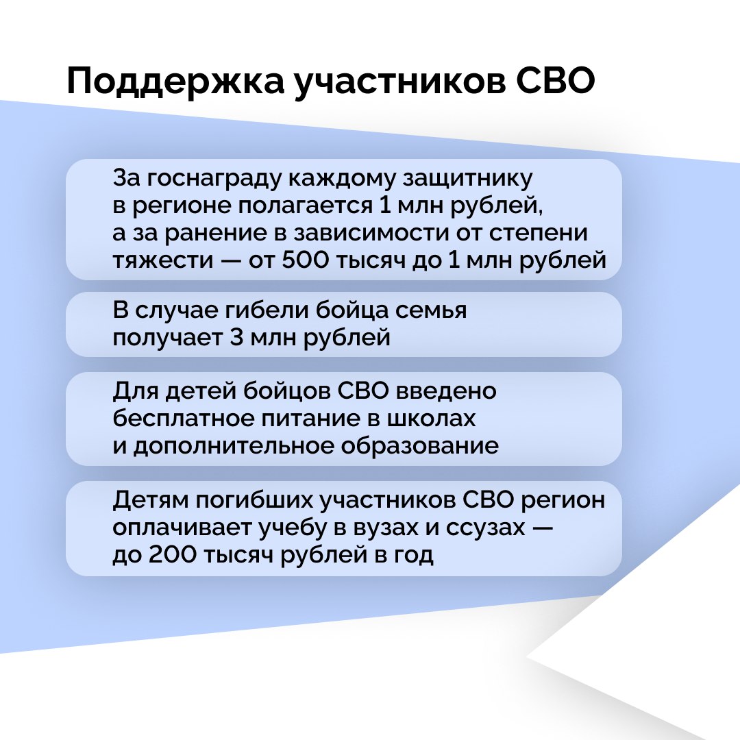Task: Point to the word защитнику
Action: click(467, 179)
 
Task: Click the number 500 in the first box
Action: click(305, 260)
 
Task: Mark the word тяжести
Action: click(163, 260)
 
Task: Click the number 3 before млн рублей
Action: click(236, 337)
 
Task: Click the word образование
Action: click(419, 445)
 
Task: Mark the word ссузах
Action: click(485, 528)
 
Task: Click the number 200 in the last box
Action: click(172, 554)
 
